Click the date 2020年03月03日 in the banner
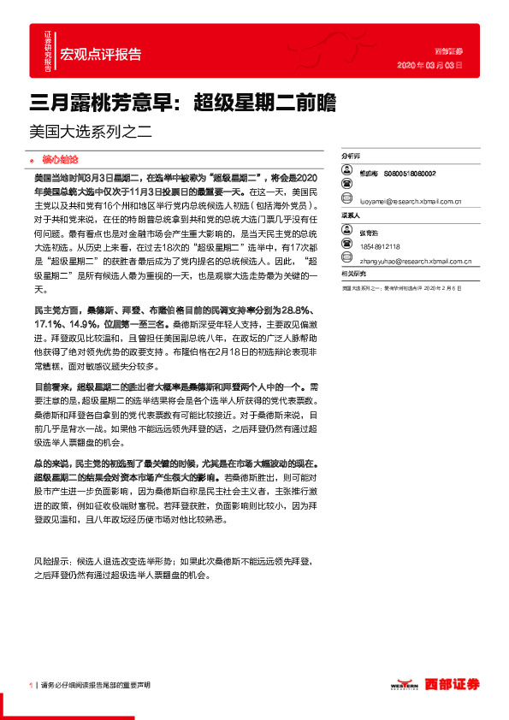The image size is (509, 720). coord(431,65)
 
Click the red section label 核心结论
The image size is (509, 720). coord(60,159)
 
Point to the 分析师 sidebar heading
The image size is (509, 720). coord(352,157)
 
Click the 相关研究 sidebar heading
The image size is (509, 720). coord(353,273)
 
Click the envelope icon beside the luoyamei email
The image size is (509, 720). coord(347,203)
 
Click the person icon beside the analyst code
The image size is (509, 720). coord(347,174)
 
